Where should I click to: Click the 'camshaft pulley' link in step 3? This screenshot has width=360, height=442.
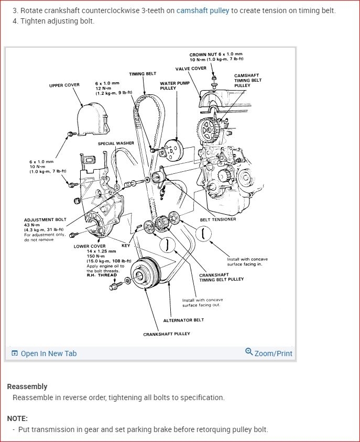pos(203,10)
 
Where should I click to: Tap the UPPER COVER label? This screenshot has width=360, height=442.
pos(64,85)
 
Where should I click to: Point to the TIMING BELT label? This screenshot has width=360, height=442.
pos(143,74)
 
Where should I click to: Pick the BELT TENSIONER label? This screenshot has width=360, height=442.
pos(218,219)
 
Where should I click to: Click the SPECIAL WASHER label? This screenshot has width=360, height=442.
pos(116,143)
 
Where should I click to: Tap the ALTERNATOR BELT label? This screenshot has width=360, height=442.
pos(183,320)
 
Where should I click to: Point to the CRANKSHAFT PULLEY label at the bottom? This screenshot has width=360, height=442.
pos(167,334)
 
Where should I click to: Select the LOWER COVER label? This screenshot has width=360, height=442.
pos(90,246)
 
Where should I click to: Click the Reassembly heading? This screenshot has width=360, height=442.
pos(27,386)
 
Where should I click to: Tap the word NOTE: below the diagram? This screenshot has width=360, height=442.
pos(17,418)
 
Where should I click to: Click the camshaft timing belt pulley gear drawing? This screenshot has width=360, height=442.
pos(208,129)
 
